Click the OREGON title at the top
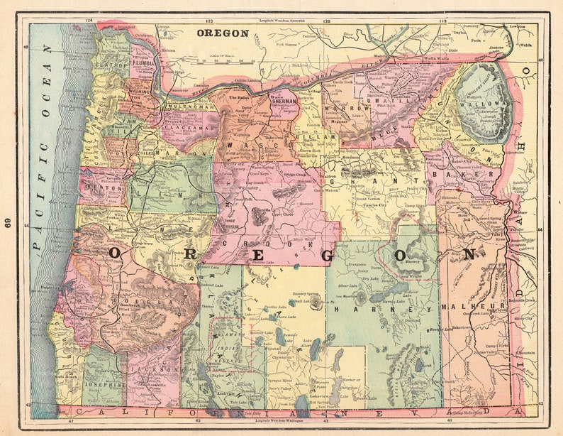pos(222,33)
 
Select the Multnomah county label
pos(189,107)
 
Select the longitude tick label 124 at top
pos(89,21)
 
